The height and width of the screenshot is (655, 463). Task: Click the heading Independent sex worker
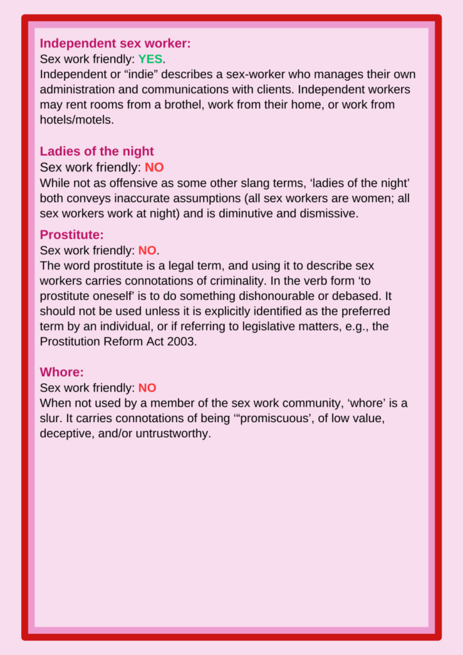(x=115, y=43)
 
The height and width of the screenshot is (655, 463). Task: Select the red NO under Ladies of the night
(x=154, y=168)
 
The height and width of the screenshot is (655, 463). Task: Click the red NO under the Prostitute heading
(x=147, y=250)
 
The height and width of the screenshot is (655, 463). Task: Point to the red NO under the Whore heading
(x=147, y=388)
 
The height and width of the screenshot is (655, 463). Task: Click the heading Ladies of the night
(x=97, y=152)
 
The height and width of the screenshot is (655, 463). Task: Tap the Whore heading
(x=61, y=372)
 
